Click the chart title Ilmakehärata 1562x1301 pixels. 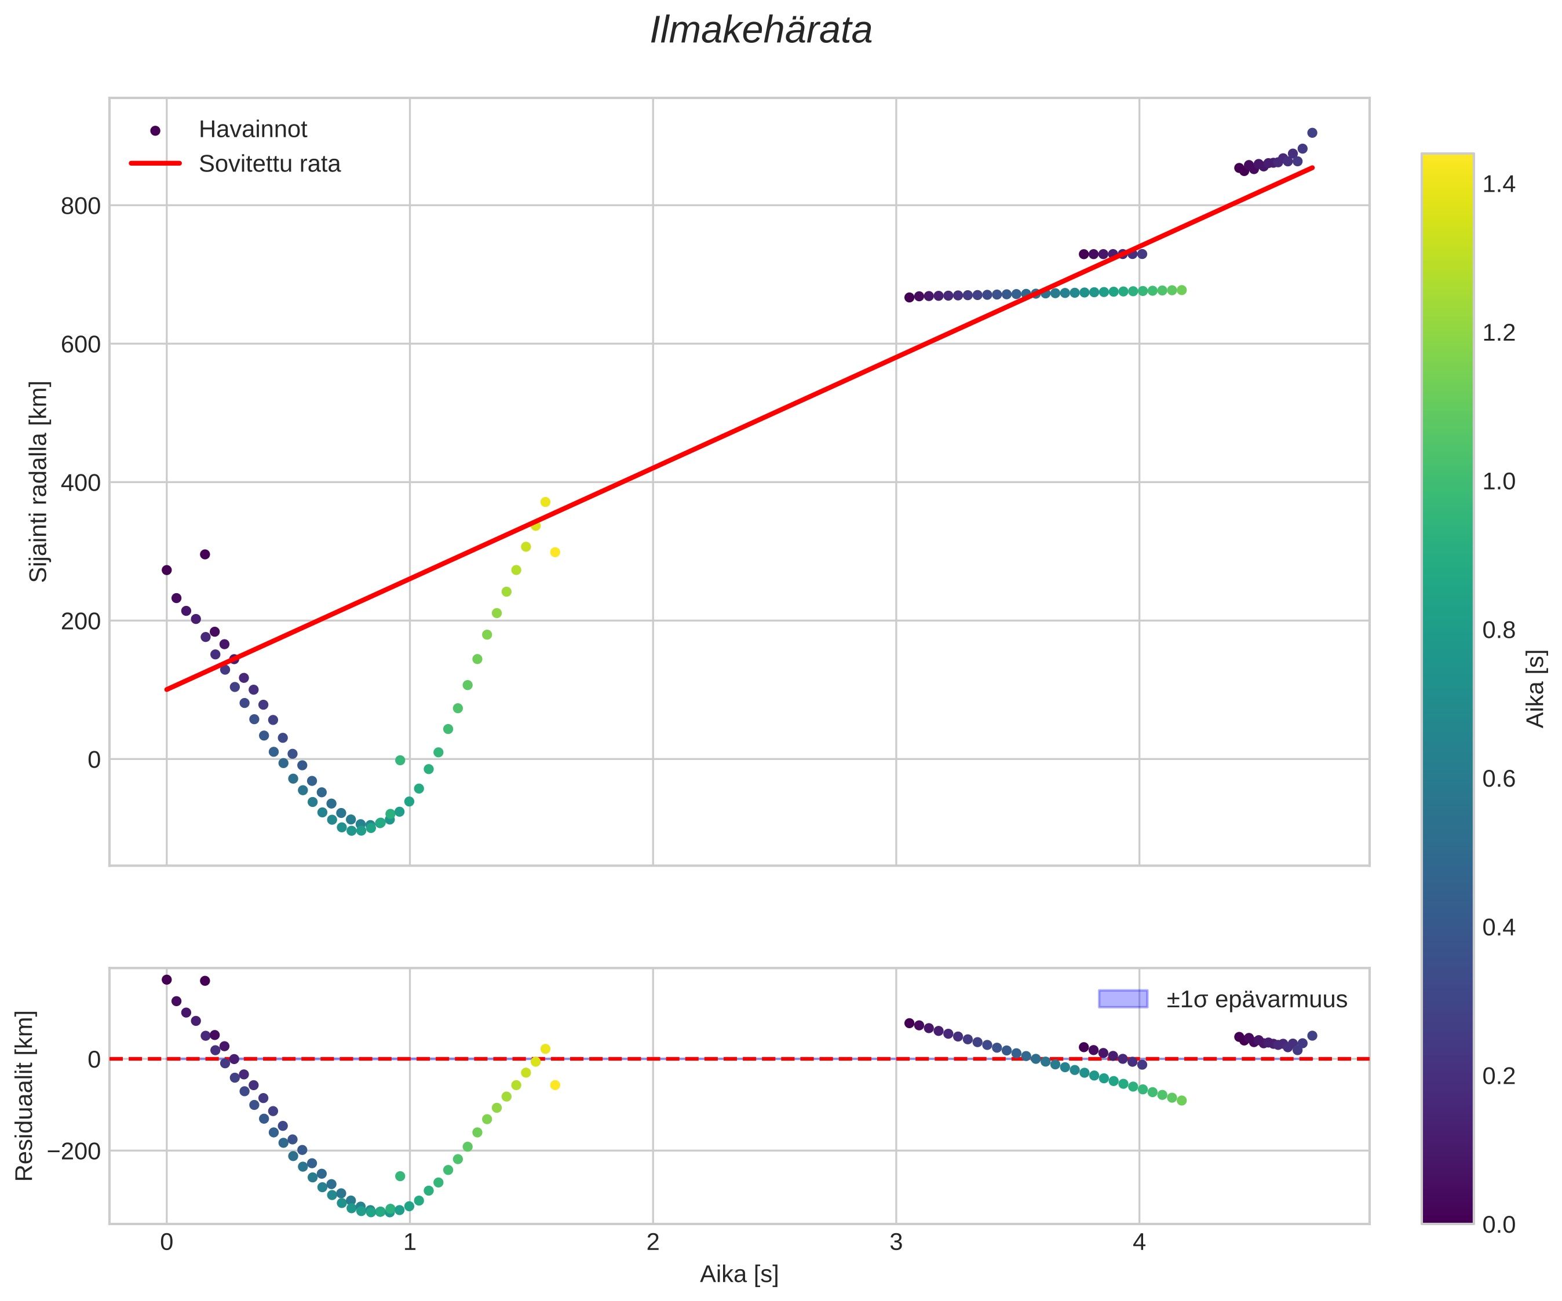761,31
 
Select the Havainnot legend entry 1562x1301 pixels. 252,129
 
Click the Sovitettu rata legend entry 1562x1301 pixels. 269,164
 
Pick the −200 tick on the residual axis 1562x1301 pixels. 74,1151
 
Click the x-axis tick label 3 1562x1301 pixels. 896,1243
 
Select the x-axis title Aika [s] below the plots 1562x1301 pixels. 739,1275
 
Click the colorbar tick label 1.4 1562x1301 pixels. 1498,184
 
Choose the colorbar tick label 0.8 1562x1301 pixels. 1498,630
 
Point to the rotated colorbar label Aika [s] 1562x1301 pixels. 1535,689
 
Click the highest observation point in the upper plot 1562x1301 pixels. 1312,133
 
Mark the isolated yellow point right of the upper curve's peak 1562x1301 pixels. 555,552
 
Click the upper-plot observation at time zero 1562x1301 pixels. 167,570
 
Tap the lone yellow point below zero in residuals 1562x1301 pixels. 555,1086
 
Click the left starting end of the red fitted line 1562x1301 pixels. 167,689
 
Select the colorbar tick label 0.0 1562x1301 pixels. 1498,1225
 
